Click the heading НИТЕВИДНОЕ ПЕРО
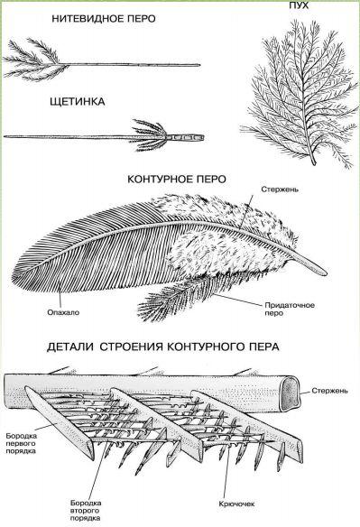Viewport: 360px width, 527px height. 104,19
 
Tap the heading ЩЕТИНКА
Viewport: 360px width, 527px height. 78,101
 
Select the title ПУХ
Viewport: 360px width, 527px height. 299,5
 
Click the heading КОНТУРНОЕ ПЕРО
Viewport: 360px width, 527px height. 177,180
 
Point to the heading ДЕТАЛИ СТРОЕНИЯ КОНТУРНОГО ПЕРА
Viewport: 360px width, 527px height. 163,347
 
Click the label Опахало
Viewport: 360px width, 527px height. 63,312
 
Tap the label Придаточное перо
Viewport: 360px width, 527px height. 290,309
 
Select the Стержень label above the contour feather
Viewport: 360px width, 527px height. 280,190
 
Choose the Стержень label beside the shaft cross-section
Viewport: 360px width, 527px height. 329,391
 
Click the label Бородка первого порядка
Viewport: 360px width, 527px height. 21,443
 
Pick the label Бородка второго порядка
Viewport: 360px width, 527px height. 86,511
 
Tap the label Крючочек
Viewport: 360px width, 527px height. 236,504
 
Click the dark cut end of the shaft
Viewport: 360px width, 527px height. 290,393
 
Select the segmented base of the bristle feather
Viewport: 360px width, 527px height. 185,137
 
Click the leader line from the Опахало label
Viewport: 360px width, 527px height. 60,295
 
